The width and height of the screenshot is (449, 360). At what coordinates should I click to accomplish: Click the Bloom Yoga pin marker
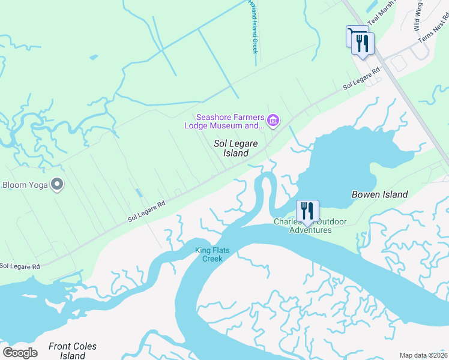pos(57,184)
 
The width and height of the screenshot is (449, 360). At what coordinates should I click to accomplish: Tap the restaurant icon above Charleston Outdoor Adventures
pos(307,211)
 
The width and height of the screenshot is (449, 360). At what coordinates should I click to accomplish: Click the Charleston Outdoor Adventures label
pos(310,226)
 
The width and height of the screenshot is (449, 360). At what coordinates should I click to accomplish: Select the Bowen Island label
pos(379,194)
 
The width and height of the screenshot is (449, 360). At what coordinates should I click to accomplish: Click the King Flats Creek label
pos(209,254)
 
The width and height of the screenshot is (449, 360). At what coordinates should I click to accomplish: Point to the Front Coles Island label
pos(72,350)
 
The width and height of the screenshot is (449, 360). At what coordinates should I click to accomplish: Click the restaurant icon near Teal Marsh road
pos(363,44)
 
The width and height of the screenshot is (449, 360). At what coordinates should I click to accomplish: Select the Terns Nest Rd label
pos(433,27)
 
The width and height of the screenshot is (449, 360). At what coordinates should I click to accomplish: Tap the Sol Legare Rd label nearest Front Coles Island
pos(20,266)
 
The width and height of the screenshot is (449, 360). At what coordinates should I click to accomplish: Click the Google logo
pos(20,352)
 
